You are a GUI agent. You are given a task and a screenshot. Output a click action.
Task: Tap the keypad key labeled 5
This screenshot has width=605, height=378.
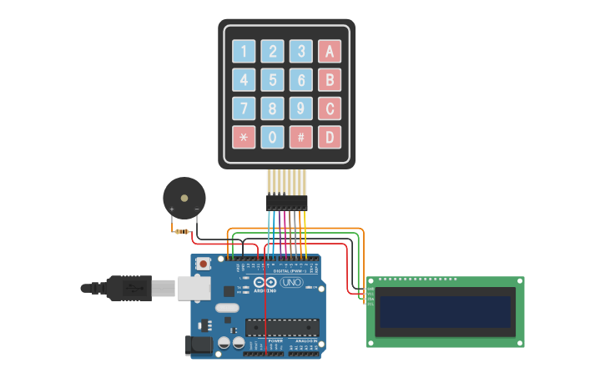(272, 80)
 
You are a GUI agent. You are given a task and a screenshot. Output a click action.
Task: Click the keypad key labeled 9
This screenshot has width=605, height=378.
(300, 108)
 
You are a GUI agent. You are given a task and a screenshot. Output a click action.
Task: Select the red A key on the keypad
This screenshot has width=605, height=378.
(330, 52)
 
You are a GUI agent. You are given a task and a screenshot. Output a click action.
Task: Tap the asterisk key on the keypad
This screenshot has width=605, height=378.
(244, 137)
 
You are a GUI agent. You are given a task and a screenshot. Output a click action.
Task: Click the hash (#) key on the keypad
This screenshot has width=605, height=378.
(300, 137)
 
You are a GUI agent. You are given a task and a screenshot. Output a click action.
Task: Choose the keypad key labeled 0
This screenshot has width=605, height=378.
(272, 137)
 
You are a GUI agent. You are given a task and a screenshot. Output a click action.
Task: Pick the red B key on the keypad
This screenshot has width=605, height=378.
(330, 80)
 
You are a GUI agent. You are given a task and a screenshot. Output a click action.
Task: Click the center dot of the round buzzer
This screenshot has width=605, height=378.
(184, 198)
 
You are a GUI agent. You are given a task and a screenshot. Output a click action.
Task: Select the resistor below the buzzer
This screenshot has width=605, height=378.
(182, 231)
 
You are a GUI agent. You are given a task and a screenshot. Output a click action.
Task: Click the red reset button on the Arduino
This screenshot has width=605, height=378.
(203, 264)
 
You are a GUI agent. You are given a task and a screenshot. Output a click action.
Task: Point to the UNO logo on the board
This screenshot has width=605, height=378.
(291, 283)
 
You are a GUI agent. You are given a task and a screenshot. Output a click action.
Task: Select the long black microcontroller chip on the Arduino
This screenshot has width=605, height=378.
(282, 326)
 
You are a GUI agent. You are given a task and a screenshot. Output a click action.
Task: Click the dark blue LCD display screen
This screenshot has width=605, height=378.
(445, 312)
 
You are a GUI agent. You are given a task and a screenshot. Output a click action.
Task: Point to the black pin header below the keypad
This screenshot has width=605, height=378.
(287, 202)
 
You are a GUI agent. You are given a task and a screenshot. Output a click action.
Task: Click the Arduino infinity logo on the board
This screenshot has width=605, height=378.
(265, 283)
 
